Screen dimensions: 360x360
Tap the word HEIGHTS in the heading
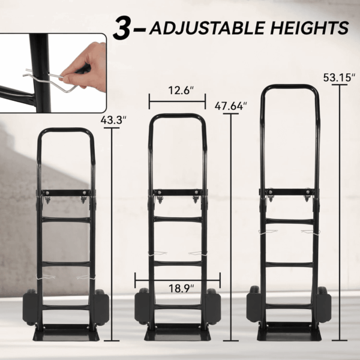(x=310, y=28)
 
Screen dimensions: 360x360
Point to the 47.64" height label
(x=230, y=106)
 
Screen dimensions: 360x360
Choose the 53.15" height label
(x=340, y=77)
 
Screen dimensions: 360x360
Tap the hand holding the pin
(x=85, y=67)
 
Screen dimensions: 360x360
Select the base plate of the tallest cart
(x=289, y=334)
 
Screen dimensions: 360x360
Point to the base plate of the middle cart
(x=178, y=334)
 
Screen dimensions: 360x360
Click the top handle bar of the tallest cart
(x=290, y=87)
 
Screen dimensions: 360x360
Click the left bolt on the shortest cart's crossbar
(x=47, y=193)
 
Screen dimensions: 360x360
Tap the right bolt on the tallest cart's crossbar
(x=308, y=191)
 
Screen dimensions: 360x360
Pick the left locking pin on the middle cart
(x=158, y=253)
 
